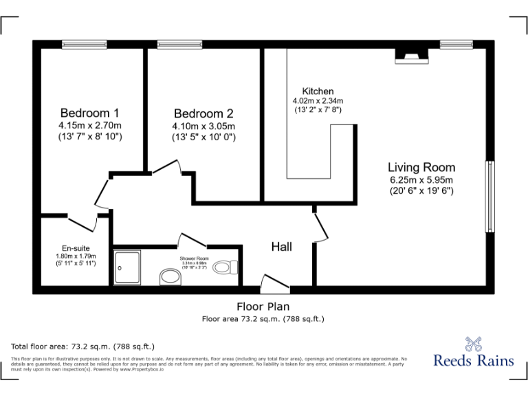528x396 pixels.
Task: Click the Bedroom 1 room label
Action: coord(90,113)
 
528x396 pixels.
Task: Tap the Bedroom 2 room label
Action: coord(203,113)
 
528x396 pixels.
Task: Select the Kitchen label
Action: coord(318,91)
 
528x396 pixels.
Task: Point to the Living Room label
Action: coord(421,167)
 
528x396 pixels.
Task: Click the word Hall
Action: coord(281,246)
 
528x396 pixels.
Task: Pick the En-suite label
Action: coord(76,248)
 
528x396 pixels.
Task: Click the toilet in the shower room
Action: coord(224,267)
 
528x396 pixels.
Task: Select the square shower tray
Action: coord(126,267)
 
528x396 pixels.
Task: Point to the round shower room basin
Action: coord(169,277)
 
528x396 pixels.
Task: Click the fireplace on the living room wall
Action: coord(411,57)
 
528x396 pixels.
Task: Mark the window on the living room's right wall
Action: coord(489,197)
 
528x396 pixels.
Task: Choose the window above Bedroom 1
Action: coord(85,45)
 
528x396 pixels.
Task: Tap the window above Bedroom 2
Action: coord(179,45)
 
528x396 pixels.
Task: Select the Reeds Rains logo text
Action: coord(474,360)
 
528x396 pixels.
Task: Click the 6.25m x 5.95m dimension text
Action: coord(421,179)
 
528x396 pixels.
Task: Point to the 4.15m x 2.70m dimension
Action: coord(90,126)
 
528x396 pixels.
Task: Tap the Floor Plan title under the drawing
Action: coord(263,307)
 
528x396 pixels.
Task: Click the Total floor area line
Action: coord(83,346)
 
